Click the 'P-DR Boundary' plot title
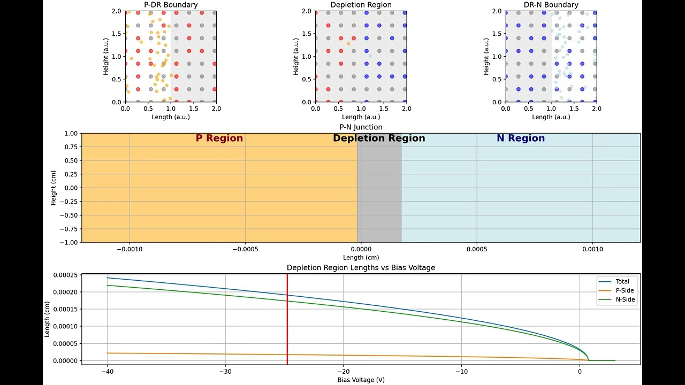171,5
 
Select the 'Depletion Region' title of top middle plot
361,5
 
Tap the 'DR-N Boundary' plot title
551,5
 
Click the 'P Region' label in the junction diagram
219,138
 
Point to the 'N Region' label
520,138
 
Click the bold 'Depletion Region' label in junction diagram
379,138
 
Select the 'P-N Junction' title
361,127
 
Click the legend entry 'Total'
622,282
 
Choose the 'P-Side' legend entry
625,291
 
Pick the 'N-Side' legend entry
625,299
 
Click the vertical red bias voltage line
287,321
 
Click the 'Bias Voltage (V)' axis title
361,380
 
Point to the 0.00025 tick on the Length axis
65,275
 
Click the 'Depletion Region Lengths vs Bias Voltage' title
361,267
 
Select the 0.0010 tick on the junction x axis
592,249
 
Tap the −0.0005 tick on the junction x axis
245,249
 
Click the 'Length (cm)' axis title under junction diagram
361,258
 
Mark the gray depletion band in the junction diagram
379,192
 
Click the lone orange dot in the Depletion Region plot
348,44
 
